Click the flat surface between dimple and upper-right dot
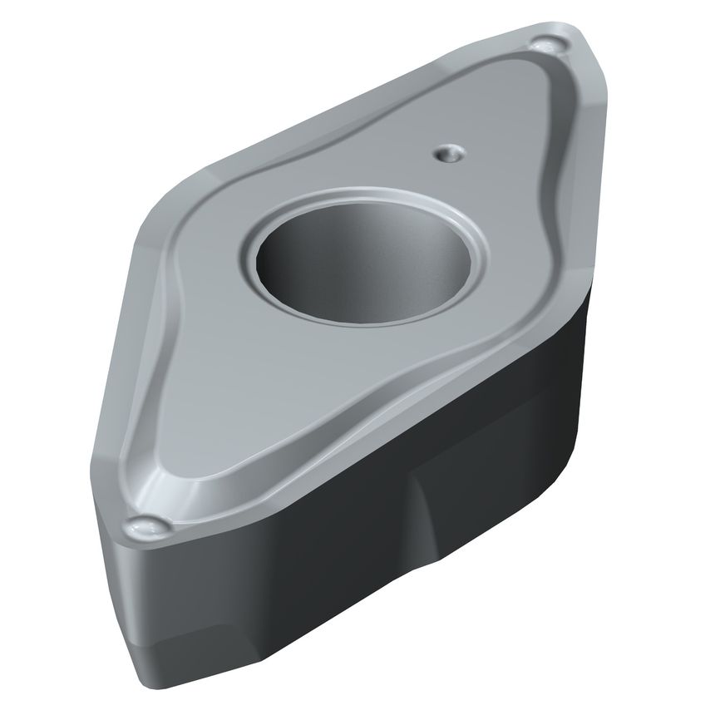coord(499,100)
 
